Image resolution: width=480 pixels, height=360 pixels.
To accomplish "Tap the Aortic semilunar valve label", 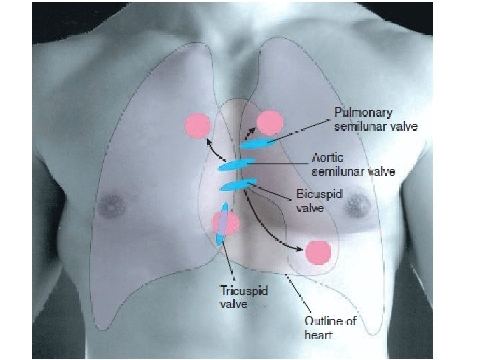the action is coord(353,165).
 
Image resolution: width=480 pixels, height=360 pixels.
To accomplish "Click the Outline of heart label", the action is coord(329,327).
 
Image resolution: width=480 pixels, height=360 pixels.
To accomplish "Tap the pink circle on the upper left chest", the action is coord(197,125).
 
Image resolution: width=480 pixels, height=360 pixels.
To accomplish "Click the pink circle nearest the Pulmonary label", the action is coord(270,123).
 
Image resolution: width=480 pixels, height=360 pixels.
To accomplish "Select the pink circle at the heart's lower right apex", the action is coord(318,252).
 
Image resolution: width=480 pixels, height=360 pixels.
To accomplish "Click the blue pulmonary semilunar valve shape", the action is coord(257,143).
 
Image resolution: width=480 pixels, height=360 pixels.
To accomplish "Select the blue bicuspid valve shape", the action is coord(237,184).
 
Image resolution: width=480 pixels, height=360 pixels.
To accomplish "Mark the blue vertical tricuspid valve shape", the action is coord(223,224).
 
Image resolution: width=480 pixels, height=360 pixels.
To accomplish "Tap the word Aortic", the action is coord(328,159).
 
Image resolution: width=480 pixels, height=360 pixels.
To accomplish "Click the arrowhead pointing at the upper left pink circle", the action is coord(207,141).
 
